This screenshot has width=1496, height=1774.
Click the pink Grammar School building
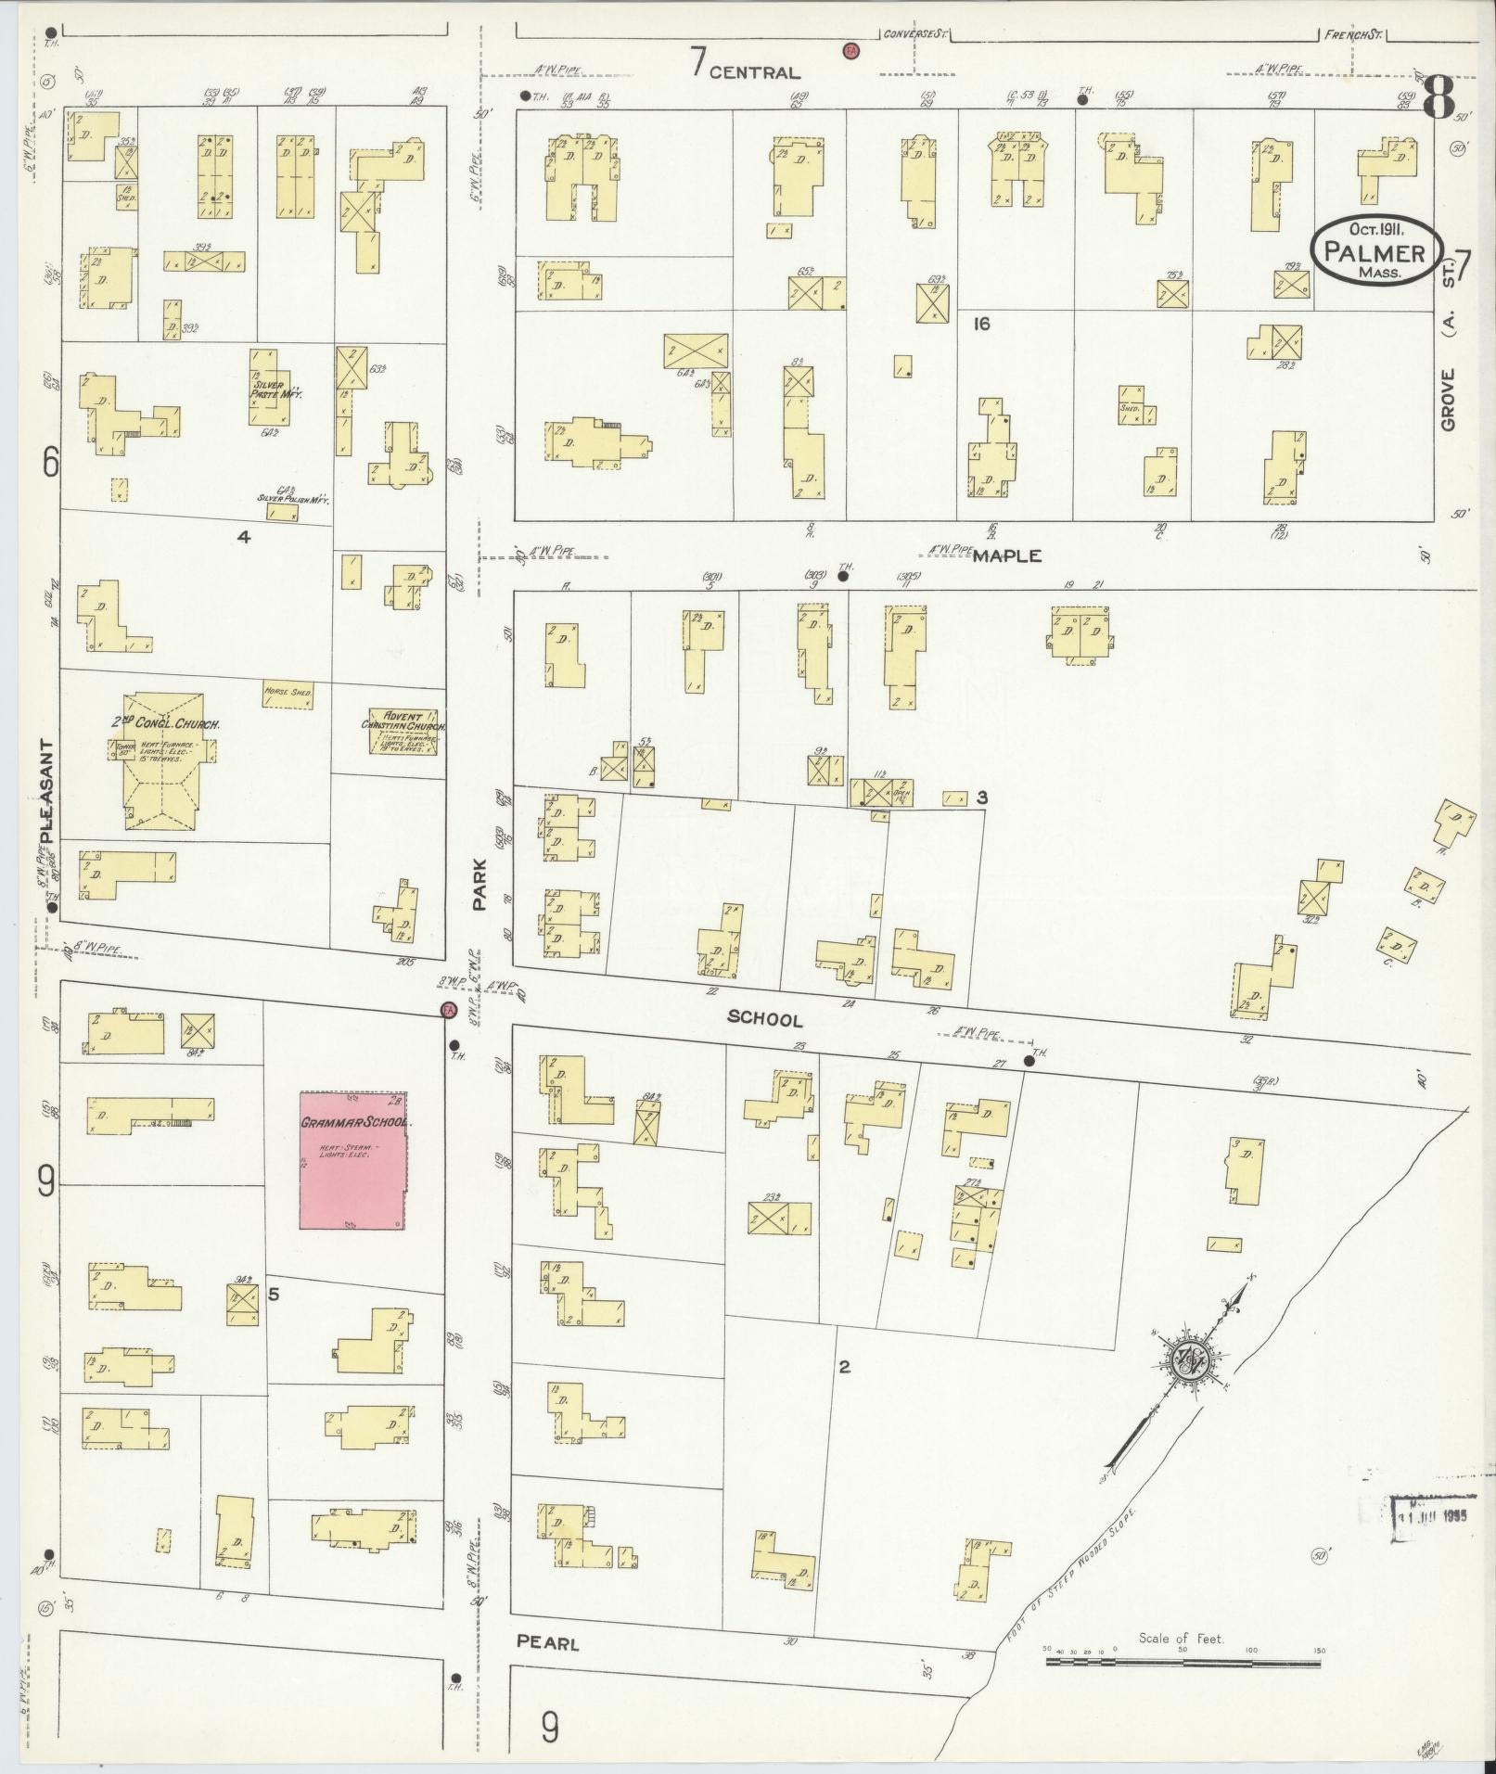coord(352,1160)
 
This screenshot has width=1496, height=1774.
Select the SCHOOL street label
coord(764,1019)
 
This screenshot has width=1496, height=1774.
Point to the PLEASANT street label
coord(47,790)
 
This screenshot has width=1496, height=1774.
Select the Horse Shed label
coord(288,692)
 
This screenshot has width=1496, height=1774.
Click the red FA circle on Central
coord(849,50)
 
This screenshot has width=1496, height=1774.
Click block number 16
coord(982,324)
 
